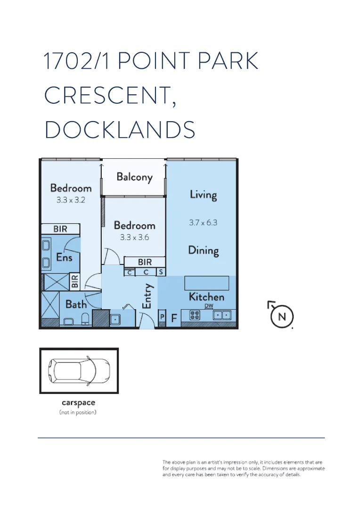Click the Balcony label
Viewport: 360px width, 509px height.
134,177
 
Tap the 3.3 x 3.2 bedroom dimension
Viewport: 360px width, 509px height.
71,200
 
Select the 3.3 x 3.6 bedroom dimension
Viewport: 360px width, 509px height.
134,238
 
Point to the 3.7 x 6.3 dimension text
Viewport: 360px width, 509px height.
203,223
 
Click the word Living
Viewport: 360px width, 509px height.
203,194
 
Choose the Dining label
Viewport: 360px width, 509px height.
204,250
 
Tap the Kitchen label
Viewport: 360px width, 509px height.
206,297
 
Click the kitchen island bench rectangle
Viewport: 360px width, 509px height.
207,283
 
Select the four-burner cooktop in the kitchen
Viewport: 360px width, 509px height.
195,315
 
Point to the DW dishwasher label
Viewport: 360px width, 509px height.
209,306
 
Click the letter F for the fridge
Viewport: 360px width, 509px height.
173,319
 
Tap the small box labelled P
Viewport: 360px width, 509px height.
162,317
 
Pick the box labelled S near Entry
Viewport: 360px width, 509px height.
161,272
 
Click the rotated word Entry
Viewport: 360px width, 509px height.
147,296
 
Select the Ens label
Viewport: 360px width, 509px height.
65,257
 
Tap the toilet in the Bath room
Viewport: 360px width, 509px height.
85,319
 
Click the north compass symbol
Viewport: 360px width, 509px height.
281,315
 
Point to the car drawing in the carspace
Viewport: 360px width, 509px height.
80,371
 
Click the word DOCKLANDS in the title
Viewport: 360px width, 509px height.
120,130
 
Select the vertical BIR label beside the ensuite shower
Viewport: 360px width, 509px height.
74,282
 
